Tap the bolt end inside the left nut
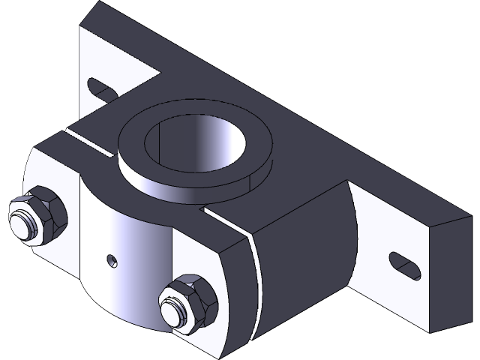tap(28, 224)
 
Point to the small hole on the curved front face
tap(112, 260)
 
